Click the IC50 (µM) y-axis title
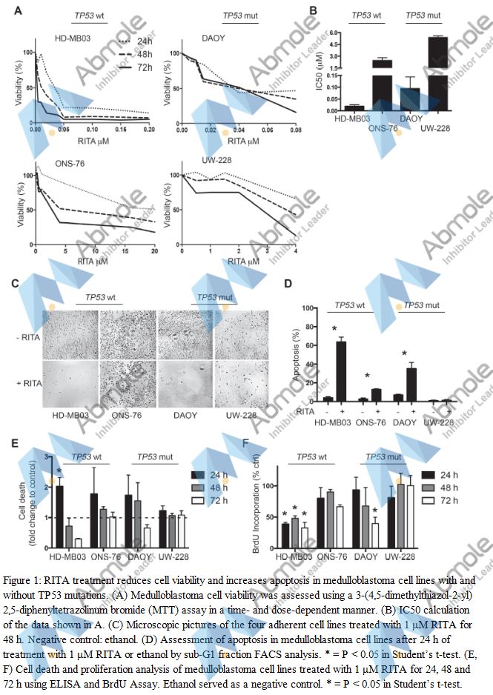tap(320, 71)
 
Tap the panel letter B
tap(314, 10)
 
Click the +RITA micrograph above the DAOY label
tap(185, 382)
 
